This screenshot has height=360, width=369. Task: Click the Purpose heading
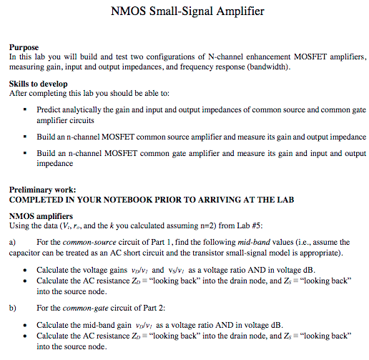click(x=24, y=46)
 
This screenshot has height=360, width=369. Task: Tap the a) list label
click(x=12, y=242)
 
